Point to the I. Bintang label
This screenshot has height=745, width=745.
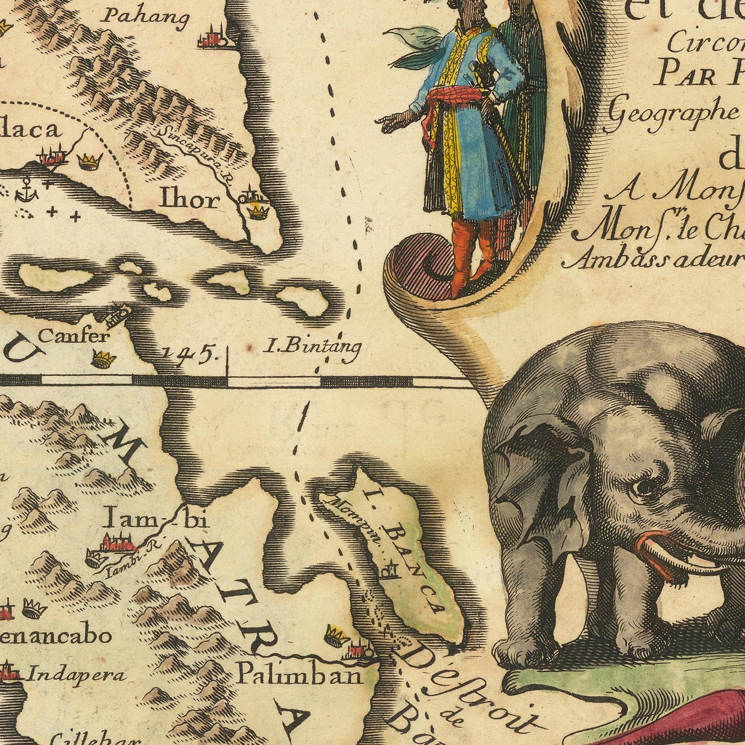pos(312,347)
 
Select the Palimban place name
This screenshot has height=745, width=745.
pos(299,675)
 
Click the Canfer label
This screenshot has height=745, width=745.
pos(74,336)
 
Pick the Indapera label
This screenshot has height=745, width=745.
pos(78,675)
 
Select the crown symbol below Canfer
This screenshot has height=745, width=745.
pos(103,358)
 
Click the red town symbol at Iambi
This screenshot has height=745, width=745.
pos(120,543)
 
